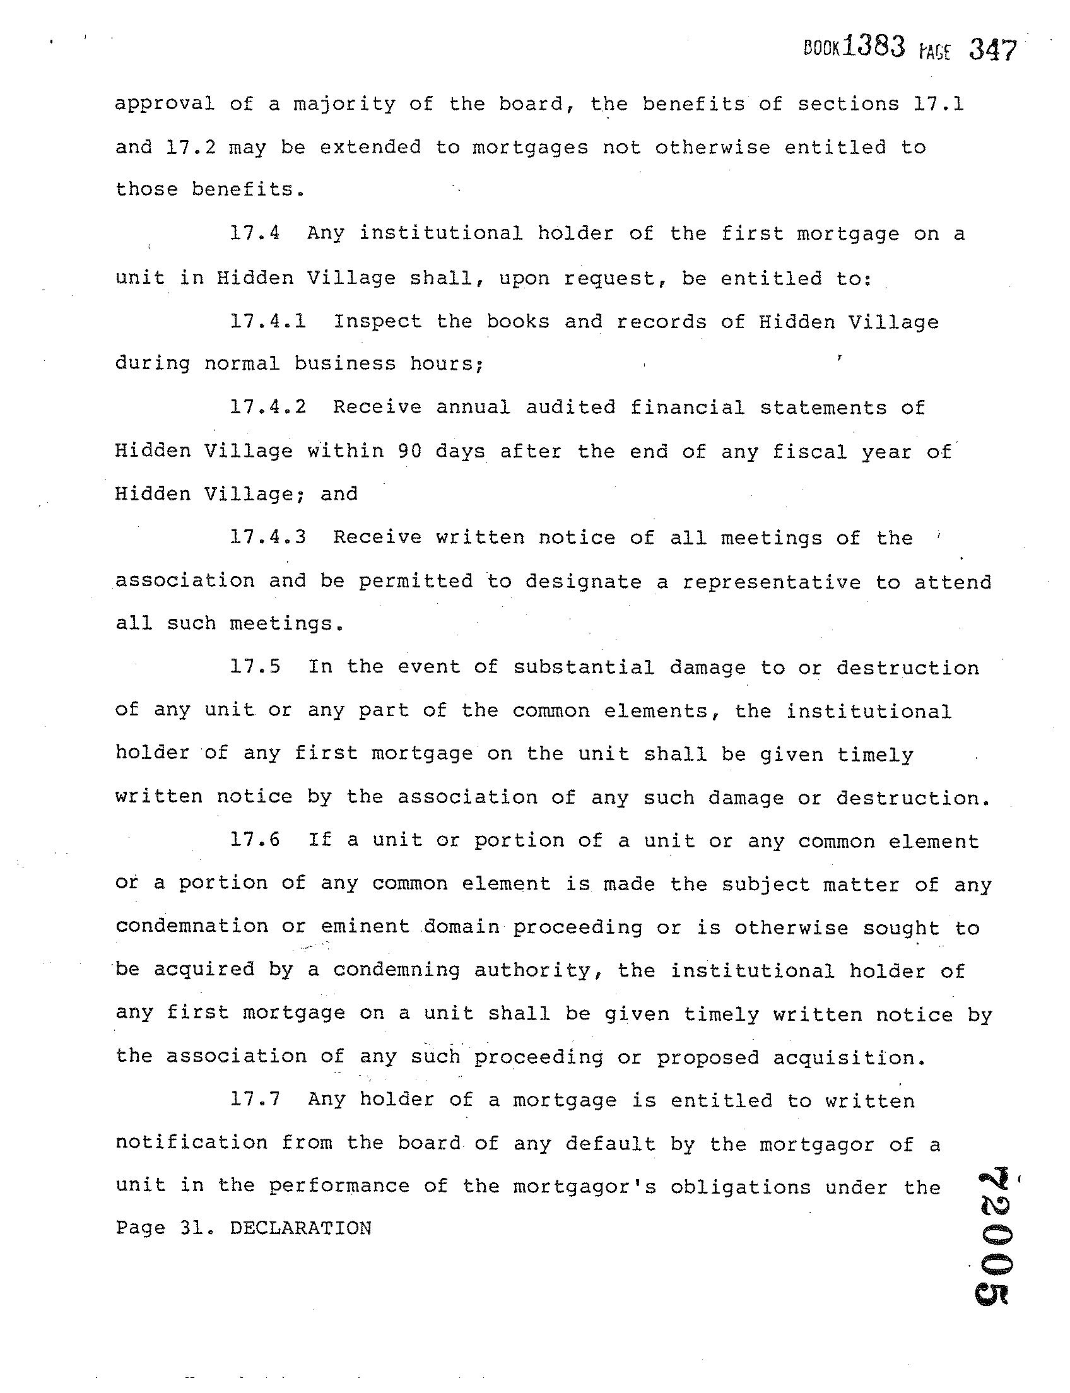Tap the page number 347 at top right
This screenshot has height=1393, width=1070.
(992, 50)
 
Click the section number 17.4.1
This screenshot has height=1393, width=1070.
(268, 321)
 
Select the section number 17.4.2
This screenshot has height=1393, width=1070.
(268, 407)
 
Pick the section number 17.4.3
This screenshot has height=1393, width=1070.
(268, 537)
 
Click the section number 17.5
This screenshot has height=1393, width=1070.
(256, 667)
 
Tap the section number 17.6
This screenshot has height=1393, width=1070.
(256, 840)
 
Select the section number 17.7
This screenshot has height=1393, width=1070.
(256, 1100)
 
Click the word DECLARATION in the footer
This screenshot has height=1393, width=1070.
(300, 1229)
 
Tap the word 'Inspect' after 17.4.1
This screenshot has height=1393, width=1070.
(378, 322)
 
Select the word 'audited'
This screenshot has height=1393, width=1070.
(571, 408)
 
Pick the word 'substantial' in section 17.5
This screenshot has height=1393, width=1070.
(584, 667)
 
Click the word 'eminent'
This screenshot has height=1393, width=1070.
(365, 926)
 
